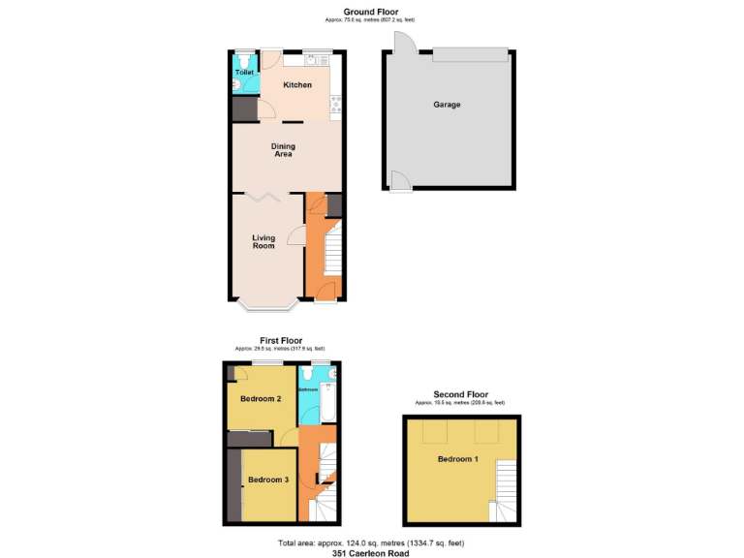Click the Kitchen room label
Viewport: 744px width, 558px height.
(x=297, y=85)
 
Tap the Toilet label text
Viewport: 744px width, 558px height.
(x=243, y=72)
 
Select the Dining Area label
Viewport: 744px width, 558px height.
(x=283, y=150)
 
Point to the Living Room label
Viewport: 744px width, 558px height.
(x=263, y=241)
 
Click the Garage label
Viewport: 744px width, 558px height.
(x=447, y=105)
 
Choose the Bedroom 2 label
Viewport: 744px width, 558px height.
(x=261, y=398)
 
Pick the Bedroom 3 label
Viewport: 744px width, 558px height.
(x=268, y=480)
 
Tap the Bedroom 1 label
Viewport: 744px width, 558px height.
(x=457, y=458)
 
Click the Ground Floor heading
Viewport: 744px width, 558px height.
(x=371, y=12)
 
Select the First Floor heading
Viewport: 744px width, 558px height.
(x=280, y=340)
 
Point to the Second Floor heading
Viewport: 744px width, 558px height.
(x=460, y=394)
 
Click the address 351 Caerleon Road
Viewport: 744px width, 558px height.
(x=371, y=553)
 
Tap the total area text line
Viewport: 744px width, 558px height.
(x=371, y=542)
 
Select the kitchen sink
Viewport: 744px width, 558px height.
(x=313, y=60)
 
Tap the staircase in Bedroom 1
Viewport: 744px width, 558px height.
(x=506, y=489)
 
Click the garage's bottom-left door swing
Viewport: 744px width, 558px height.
(x=398, y=180)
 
